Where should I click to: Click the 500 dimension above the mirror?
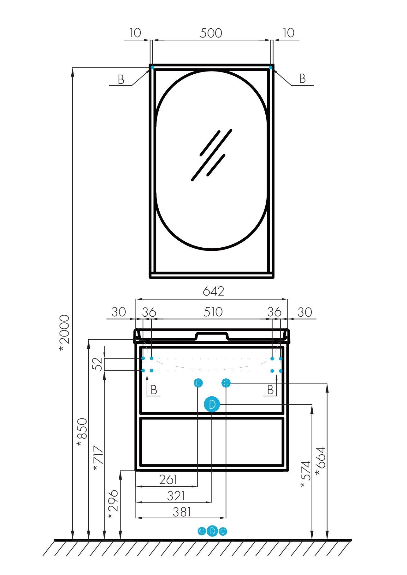point(211,33)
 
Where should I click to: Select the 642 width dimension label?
point(213,291)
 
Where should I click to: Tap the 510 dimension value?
point(213,312)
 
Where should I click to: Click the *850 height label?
point(82,432)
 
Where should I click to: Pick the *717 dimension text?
point(98,458)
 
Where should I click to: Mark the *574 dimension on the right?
point(305,474)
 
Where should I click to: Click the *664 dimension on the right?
point(320,461)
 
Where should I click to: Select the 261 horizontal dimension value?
point(168,480)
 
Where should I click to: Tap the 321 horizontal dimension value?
point(176,496)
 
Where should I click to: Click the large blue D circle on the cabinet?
point(212,404)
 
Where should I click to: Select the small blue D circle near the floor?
point(212,531)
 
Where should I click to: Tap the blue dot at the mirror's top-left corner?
point(152,67)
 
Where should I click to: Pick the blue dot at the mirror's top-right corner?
point(270,67)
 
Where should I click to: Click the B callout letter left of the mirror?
point(121,80)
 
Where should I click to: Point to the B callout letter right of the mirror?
point(302,79)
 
